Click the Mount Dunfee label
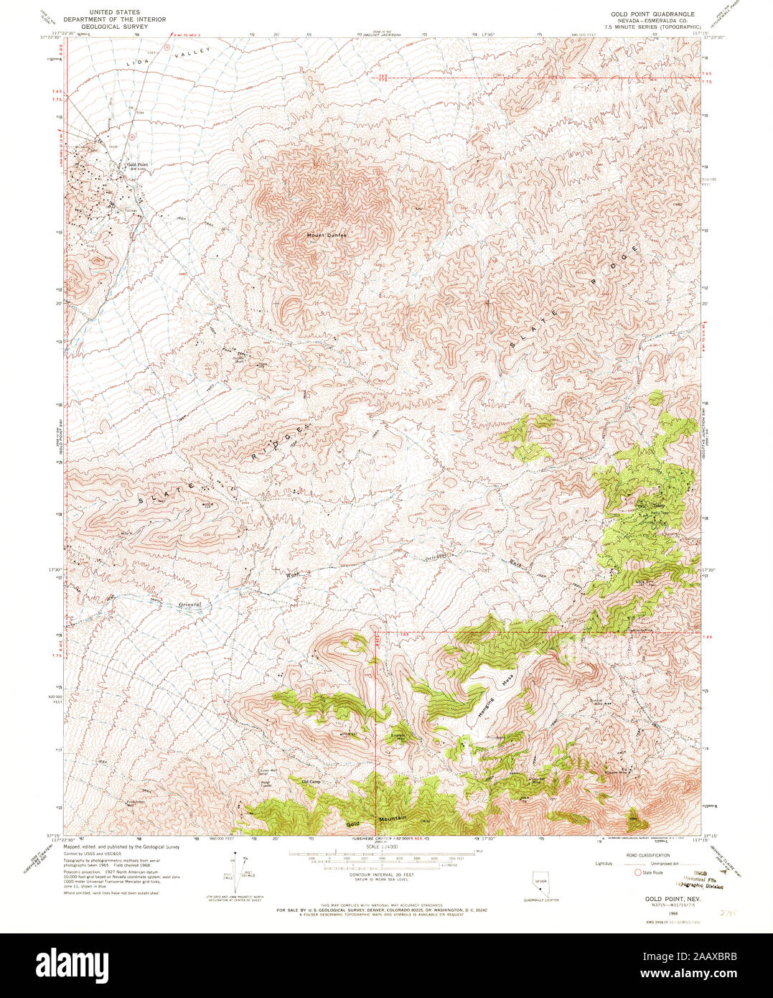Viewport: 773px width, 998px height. (327, 235)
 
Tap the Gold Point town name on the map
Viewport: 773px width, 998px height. (137, 164)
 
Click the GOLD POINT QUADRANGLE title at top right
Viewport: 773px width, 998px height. (652, 14)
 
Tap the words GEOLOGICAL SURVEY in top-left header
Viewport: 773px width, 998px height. (114, 25)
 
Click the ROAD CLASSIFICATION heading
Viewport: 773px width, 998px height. (648, 855)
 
